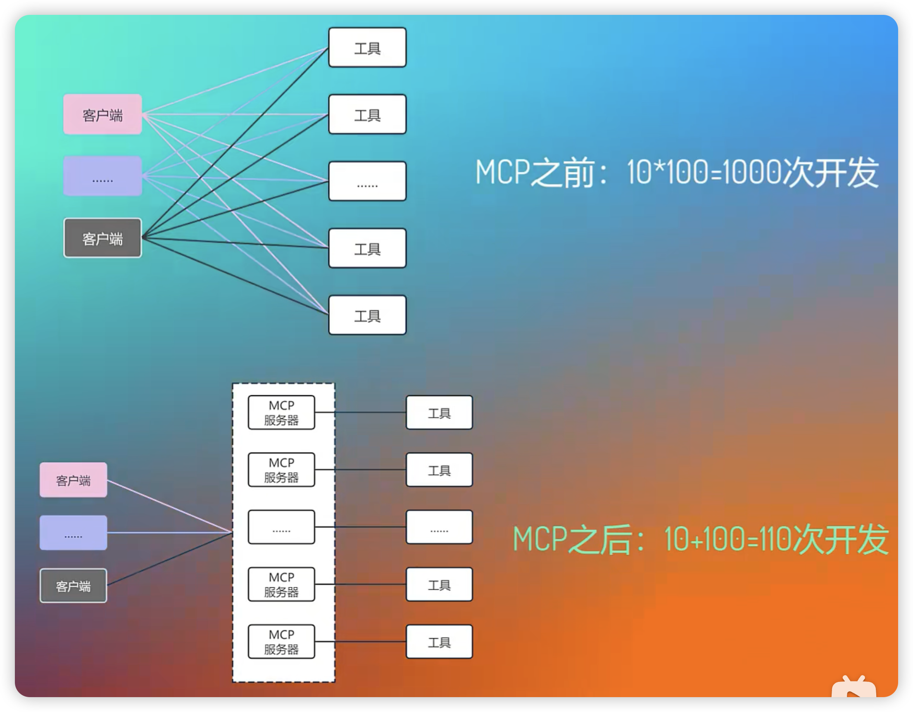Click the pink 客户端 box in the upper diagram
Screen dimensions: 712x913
click(102, 114)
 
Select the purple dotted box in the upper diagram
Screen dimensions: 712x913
click(102, 176)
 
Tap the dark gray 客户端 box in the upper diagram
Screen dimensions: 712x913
click(102, 238)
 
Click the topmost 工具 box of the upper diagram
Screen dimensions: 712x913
click(367, 47)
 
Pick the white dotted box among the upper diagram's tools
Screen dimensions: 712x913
click(367, 181)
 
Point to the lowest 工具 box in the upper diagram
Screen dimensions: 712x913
click(367, 315)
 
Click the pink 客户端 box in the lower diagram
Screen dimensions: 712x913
click(73, 479)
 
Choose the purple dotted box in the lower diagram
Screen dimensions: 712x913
click(73, 533)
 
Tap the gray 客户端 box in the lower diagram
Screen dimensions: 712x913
click(73, 585)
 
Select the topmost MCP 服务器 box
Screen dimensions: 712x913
click(281, 413)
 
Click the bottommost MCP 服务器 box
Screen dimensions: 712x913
click(281, 641)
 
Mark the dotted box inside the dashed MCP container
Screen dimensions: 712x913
click(281, 527)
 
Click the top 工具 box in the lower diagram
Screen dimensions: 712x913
click(439, 413)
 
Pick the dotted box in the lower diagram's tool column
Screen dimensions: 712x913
click(439, 527)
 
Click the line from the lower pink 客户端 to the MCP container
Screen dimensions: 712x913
click(167, 506)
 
